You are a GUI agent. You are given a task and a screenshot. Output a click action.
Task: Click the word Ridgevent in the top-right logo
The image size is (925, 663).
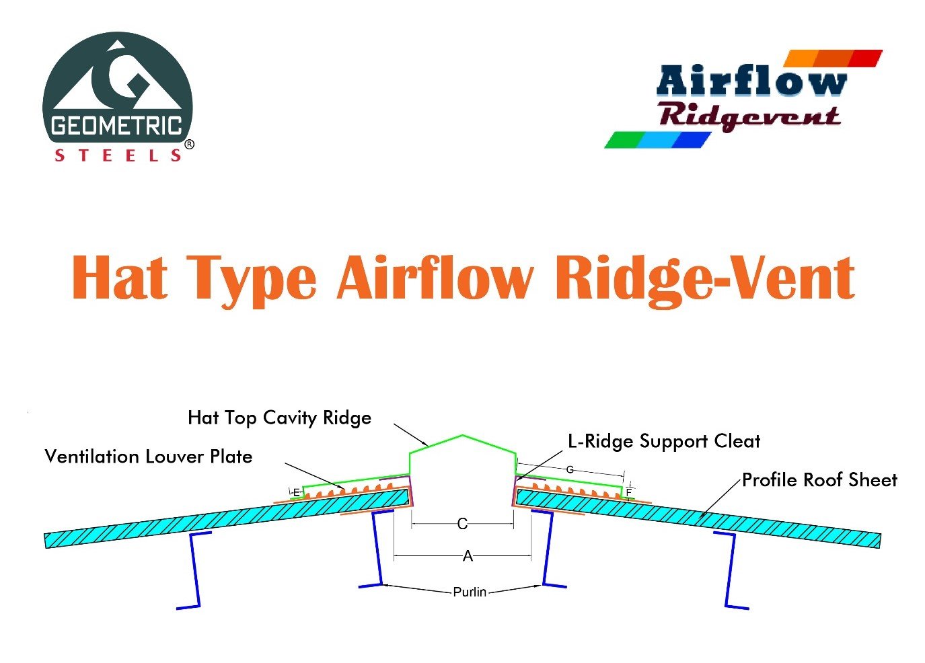(749, 116)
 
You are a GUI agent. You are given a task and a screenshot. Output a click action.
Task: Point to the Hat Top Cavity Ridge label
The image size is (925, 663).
(279, 418)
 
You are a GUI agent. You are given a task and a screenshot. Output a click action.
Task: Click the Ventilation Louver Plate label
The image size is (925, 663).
(149, 457)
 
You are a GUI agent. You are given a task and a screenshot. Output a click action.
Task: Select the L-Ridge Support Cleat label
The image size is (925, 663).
(664, 441)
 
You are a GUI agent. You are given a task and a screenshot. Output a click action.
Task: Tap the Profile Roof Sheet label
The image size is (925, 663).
(819, 480)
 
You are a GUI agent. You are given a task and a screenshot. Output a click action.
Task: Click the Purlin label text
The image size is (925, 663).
(470, 592)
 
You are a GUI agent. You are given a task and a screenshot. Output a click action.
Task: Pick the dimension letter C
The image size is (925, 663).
(462, 524)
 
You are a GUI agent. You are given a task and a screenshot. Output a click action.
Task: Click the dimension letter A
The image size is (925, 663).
(468, 556)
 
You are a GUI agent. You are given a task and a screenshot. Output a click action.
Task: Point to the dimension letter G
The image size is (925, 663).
(570, 469)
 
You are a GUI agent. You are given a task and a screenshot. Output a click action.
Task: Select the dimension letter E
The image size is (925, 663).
(296, 493)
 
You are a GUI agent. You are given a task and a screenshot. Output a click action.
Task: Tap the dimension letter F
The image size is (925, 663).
(629, 493)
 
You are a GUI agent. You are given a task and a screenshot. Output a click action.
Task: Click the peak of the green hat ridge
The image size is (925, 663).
(462, 436)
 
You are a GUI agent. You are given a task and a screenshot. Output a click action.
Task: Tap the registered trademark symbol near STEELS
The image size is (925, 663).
(190, 145)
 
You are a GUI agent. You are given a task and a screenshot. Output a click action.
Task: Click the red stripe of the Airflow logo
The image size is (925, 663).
(865, 58)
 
